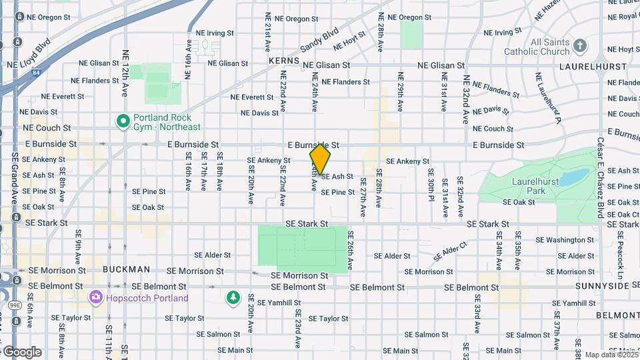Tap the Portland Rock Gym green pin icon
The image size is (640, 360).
(123, 121)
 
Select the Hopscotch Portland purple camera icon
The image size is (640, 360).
(96, 297)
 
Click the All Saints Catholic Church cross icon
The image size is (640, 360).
(580, 46)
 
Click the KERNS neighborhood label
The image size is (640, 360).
(285, 61)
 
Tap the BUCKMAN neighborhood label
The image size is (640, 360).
(126, 269)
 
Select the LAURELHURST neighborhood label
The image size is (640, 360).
(593, 67)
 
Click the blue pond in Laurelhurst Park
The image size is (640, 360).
(573, 177)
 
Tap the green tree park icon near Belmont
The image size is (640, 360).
(232, 297)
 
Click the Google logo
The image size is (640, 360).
(23, 352)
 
